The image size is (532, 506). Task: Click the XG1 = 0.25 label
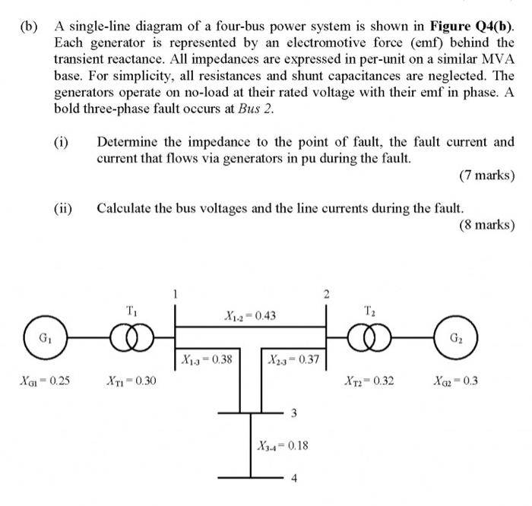pos(43,380)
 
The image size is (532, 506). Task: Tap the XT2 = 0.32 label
pos(369,380)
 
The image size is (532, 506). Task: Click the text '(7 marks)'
pos(487,176)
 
